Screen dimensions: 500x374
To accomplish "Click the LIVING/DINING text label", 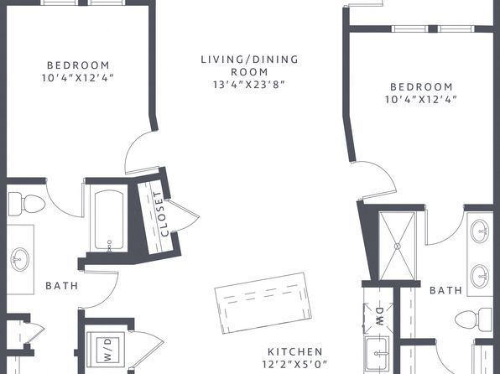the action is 250,60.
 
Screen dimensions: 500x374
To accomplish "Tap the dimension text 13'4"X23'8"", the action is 248,85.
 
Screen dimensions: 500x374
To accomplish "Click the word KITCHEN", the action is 295,351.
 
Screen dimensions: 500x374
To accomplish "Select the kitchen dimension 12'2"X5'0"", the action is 294,364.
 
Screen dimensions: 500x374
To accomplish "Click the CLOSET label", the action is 160,214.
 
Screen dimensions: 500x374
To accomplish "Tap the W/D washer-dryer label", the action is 108,350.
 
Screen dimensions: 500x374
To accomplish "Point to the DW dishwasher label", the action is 379,317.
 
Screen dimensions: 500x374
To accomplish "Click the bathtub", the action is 109,220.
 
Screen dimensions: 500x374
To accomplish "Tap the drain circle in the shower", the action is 398,247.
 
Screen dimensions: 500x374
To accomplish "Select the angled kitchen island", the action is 263,303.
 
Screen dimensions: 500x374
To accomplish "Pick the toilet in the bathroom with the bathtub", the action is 26,204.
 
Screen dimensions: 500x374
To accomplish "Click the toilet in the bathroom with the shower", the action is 474,319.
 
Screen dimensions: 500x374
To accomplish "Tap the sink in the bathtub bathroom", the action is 20,260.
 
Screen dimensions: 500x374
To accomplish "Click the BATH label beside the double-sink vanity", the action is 445,290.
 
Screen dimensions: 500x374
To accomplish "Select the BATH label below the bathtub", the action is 62,285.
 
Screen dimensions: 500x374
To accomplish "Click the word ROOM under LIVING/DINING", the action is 249,72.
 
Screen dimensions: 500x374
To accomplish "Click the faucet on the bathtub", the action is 109,246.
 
